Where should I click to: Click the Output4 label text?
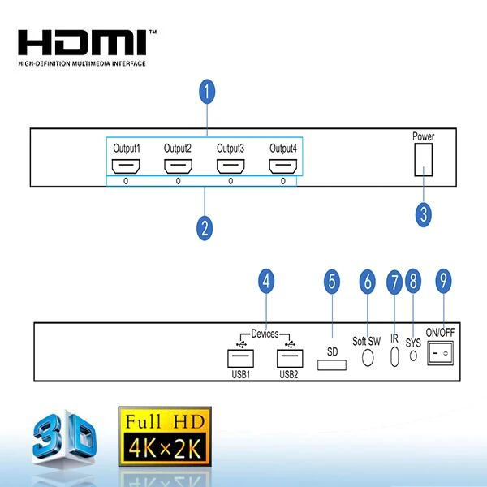click(283, 149)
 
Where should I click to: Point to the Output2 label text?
click(178, 149)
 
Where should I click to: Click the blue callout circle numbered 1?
click(207, 92)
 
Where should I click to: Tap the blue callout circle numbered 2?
click(205, 227)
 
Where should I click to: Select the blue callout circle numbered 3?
click(423, 214)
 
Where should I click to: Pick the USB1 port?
click(239, 357)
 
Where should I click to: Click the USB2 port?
click(288, 357)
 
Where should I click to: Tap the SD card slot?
click(331, 367)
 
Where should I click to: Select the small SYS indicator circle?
click(414, 356)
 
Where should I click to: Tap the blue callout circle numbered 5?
click(331, 282)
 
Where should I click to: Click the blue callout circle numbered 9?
click(442, 282)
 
